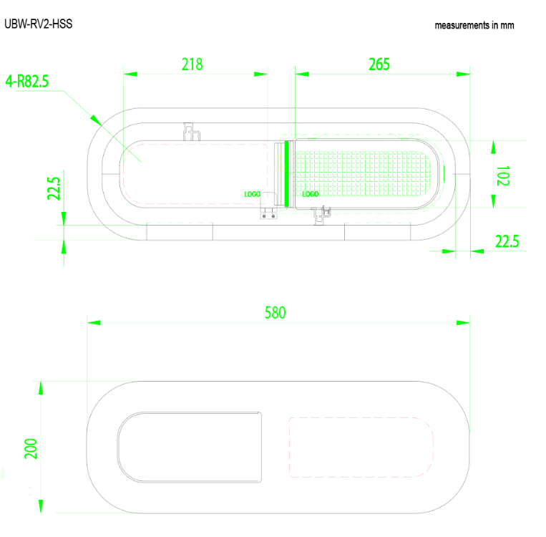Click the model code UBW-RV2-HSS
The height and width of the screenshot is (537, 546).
[x=38, y=24]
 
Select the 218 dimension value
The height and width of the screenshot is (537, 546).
[x=192, y=64]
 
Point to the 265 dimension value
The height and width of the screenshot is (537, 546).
[x=379, y=64]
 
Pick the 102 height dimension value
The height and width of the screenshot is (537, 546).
[x=503, y=176]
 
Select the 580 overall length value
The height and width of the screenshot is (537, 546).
[x=276, y=313]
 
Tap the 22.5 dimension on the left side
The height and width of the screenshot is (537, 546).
[x=54, y=189]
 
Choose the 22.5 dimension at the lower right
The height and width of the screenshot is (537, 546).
[x=507, y=241]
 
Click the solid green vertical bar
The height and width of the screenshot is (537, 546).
[x=286, y=174]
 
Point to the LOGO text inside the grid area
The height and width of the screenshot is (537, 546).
[x=311, y=194]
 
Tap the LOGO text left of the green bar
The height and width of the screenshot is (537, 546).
[x=252, y=194]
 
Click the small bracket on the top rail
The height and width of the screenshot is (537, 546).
[x=191, y=130]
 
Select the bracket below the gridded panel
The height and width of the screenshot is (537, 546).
[x=323, y=213]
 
